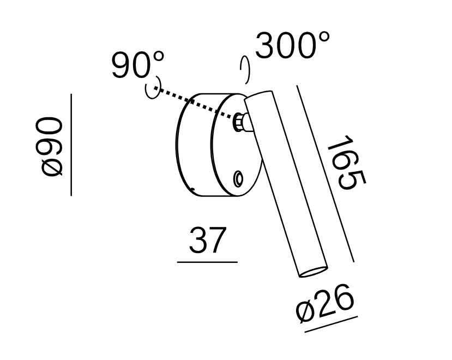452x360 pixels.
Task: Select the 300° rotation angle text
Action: click(292, 45)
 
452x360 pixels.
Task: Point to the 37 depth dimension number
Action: click(207, 241)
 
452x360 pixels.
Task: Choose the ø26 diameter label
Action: click(326, 306)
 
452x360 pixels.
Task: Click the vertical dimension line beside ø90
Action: click(71, 145)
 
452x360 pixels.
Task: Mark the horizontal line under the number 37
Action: click(207, 262)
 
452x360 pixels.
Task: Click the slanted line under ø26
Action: click(332, 324)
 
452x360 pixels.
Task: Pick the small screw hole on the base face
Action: click(238, 178)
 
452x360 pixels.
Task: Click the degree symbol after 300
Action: click(323, 38)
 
